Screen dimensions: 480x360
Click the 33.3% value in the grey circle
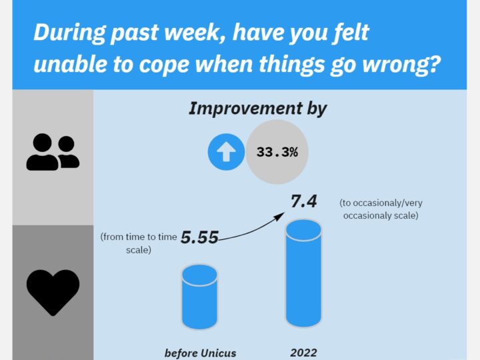[x=277, y=152]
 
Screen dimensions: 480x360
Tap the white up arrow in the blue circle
[x=226, y=152]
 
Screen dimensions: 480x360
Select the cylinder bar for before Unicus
[x=199, y=297]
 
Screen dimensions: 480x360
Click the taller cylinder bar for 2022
[x=303, y=273]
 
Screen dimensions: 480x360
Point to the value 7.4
[x=303, y=201]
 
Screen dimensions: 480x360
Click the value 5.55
[x=199, y=237]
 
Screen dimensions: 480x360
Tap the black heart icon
[x=53, y=293]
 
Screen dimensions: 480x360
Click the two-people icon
[x=53, y=152]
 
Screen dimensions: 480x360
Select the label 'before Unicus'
[x=201, y=353]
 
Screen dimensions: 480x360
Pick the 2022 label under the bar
[x=303, y=353]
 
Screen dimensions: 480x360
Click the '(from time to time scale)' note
[x=139, y=243]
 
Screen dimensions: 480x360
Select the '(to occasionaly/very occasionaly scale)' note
[x=381, y=209]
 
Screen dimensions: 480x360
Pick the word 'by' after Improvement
[x=317, y=109]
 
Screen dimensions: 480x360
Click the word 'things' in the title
[x=292, y=65]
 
